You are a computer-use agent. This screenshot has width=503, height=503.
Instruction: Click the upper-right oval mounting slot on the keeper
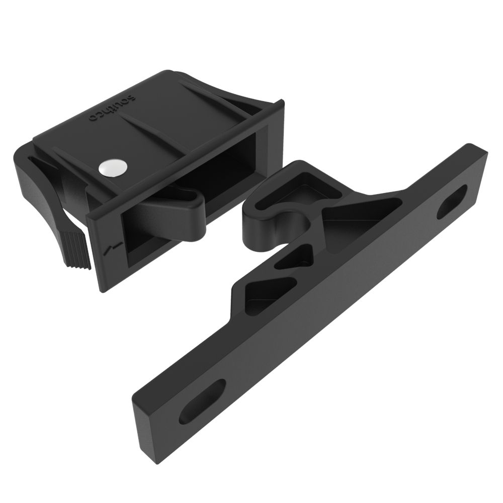click(x=452, y=201)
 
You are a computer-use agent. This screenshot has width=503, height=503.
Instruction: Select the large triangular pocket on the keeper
click(x=357, y=211)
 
